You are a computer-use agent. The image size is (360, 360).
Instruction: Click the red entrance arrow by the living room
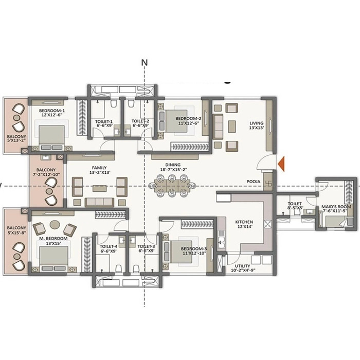coord(281,164)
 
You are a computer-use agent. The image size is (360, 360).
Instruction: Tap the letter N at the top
coord(145,63)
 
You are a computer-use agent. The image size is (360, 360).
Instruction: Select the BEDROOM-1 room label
coord(51,111)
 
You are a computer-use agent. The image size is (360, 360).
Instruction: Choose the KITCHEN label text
coord(244,222)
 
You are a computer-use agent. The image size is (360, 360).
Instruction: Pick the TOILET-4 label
coord(109,246)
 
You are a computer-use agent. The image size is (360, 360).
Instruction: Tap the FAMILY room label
coord(99,168)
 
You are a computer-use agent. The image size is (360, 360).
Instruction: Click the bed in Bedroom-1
coord(51,136)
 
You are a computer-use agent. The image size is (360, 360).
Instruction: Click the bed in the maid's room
coord(336,222)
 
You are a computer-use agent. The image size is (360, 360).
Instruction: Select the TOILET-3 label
coord(147,246)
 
